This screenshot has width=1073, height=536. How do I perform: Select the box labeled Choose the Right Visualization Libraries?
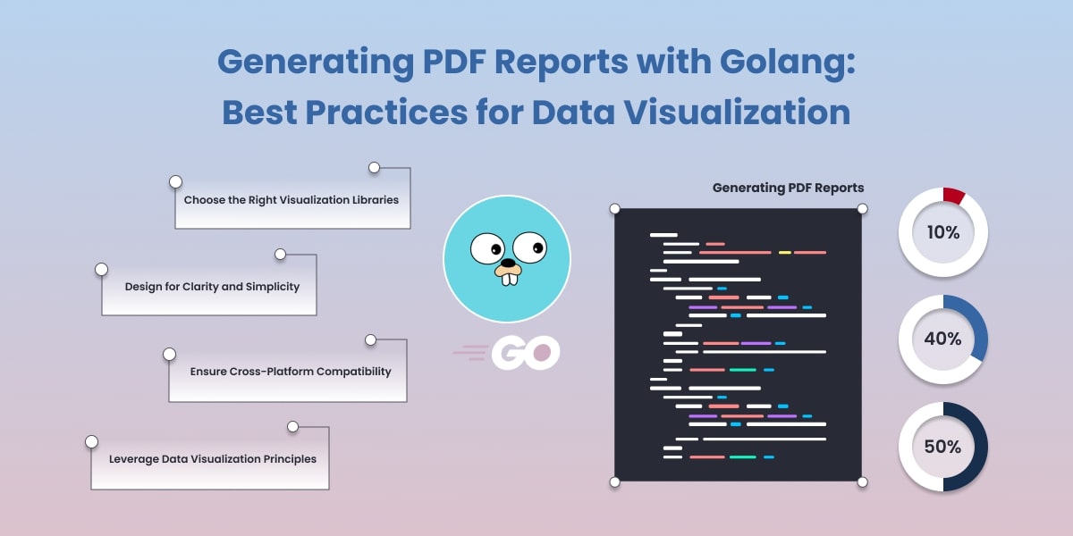291,200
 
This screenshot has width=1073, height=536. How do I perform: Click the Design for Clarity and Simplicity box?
212,287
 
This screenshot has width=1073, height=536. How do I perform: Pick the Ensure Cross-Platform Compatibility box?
291,371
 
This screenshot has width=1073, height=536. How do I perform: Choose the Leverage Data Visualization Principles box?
212,459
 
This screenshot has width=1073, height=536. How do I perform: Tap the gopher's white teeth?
509,278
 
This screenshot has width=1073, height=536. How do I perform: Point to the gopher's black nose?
509,264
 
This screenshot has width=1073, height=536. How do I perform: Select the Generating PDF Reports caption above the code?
788,188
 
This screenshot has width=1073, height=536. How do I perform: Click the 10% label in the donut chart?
942,233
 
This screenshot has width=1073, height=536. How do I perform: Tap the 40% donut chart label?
942,339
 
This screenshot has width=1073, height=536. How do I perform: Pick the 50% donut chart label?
942,446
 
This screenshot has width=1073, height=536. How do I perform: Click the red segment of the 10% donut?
954,196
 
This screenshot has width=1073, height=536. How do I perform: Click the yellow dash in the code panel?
784,253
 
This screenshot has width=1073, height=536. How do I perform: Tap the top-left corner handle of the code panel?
614,209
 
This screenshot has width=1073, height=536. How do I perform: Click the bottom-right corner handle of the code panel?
863,482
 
